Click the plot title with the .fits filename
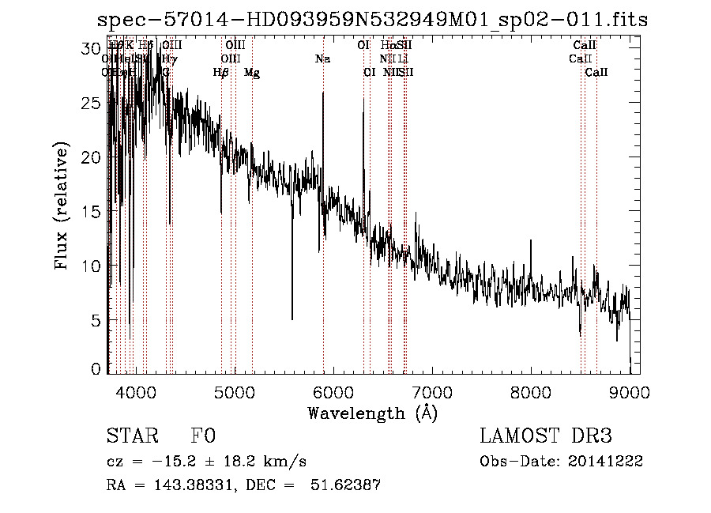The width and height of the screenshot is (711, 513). click(x=372, y=19)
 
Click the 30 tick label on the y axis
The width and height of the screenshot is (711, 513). click(x=92, y=48)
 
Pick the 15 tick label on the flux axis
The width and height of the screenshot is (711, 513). click(x=92, y=211)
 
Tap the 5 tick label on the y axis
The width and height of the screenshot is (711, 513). click(x=96, y=320)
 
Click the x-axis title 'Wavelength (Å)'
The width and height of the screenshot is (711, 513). click(x=372, y=413)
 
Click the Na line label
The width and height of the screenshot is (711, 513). click(x=322, y=58)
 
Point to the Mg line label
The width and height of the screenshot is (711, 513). click(x=252, y=73)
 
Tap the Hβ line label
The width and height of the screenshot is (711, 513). click(x=221, y=73)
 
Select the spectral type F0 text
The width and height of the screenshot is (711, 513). click(x=203, y=436)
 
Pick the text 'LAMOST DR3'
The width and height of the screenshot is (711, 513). click(x=546, y=436)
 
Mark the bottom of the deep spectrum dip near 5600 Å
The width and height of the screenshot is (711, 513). click(x=292, y=319)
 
